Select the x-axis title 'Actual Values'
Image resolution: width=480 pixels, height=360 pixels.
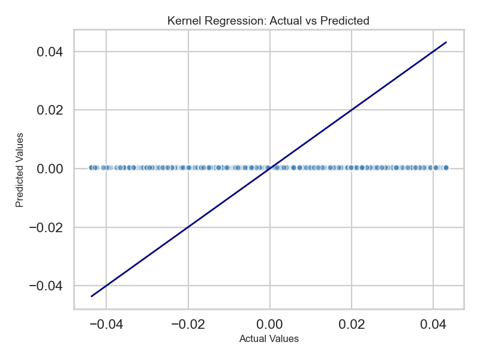(x=269, y=338)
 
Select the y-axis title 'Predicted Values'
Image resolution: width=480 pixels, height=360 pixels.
(x=20, y=170)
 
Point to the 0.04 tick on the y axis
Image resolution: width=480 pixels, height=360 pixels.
(x=50, y=52)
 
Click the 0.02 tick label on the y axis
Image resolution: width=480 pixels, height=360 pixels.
(x=50, y=110)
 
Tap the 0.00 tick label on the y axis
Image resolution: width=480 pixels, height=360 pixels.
(x=50, y=169)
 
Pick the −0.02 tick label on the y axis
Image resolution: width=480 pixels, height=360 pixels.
(x=46, y=227)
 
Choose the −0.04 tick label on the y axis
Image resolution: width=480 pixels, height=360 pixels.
(x=46, y=286)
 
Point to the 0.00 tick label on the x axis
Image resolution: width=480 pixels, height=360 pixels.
(x=270, y=323)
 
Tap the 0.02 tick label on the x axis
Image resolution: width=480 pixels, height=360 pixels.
(x=352, y=323)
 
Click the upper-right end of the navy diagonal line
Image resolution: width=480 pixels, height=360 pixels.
(x=446, y=42)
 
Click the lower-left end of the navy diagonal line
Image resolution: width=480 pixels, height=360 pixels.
(x=91, y=296)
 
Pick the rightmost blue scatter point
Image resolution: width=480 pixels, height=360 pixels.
(x=446, y=168)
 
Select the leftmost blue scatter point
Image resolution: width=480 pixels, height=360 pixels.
(x=91, y=168)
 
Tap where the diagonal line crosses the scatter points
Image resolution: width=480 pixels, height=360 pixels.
(x=269, y=168)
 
